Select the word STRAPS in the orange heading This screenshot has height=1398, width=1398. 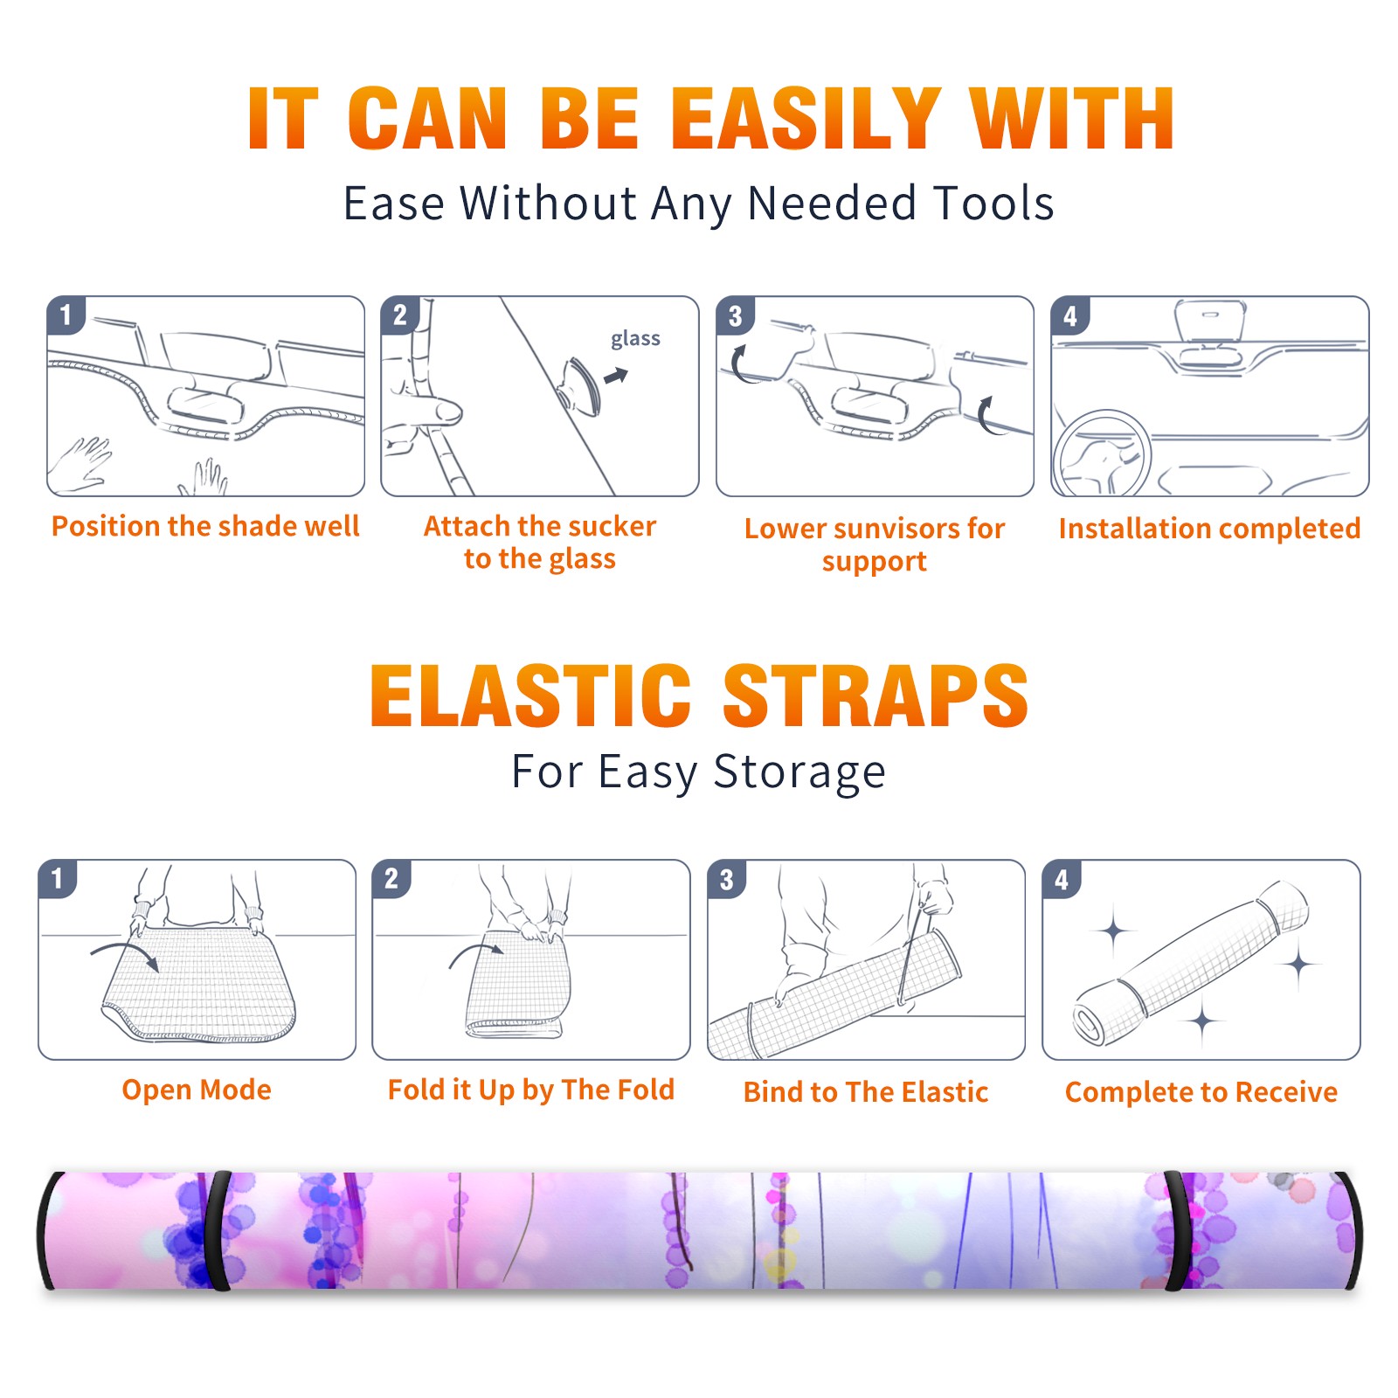pos(875,696)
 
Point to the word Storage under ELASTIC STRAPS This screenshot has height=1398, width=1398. pos(799,772)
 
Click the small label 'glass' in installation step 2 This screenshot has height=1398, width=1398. pos(635,338)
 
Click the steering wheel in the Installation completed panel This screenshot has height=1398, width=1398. pos(1102,453)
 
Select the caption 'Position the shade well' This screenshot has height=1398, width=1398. pos(205,526)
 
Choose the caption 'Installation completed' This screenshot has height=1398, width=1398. pos(1209,529)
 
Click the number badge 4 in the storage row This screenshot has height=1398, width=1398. pos(1062,879)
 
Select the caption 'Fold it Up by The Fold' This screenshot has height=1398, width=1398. pos(531,1090)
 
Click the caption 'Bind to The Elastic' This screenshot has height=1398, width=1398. pos(866,1092)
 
